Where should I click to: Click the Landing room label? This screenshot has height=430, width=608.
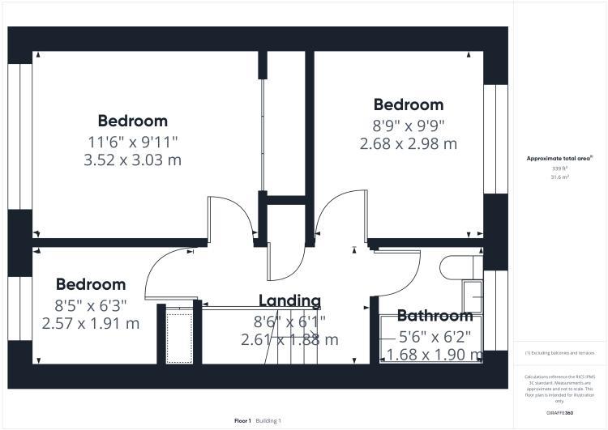coord(289,301)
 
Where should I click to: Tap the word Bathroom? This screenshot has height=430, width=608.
coord(435,316)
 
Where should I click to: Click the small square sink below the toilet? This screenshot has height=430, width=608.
coord(471,295)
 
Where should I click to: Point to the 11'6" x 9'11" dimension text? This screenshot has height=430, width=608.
coord(133,142)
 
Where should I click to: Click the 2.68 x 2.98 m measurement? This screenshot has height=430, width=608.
coord(408,143)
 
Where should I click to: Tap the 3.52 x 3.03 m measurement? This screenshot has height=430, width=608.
coord(133,160)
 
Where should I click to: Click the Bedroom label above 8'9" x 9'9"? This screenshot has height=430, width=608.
coord(408,104)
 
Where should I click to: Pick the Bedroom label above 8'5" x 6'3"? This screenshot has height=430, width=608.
coord(91,284)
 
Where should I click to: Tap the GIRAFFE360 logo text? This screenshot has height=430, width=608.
coord(559,413)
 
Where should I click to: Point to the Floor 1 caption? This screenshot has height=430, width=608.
coord(243,421)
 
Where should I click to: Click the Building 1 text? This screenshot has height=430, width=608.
coord(268,421)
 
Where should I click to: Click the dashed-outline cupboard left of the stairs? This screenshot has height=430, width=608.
coord(175,334)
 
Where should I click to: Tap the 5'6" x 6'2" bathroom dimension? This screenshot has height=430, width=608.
coord(435,335)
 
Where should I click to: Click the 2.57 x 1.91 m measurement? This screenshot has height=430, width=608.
coord(91,323)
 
